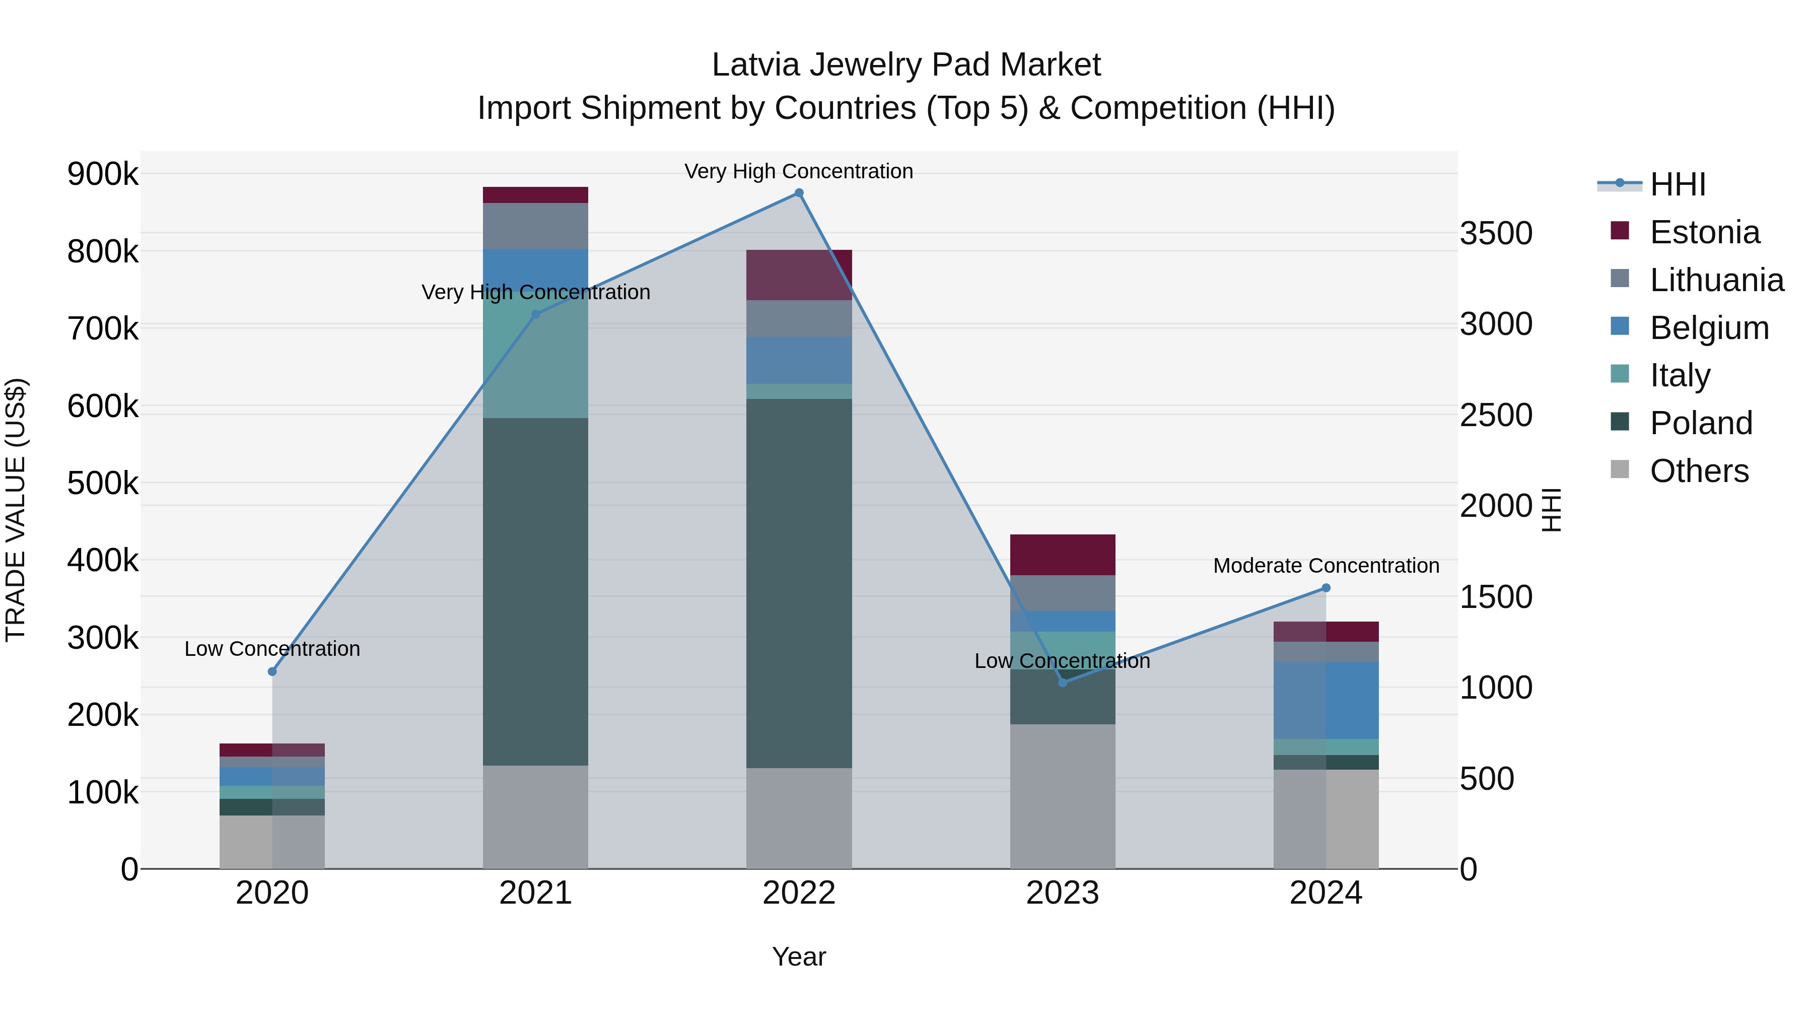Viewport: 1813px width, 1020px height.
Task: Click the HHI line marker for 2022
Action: [x=799, y=193]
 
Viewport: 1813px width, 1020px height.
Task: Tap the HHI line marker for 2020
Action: [x=272, y=671]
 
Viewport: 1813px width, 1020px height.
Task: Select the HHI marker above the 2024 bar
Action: [x=1326, y=588]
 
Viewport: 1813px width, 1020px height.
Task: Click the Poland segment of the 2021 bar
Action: [x=536, y=591]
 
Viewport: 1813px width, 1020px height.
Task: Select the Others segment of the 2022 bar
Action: [x=799, y=818]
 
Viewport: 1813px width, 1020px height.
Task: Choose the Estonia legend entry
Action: [x=1704, y=232]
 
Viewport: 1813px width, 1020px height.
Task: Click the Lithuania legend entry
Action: [x=1716, y=280]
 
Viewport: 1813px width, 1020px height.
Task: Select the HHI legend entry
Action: [x=1677, y=184]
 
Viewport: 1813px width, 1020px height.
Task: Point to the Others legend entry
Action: [x=1698, y=471]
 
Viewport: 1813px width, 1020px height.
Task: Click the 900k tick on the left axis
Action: [x=103, y=174]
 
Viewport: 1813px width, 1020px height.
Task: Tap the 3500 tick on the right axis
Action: [x=1496, y=233]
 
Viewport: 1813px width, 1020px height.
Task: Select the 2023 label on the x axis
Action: [x=1063, y=893]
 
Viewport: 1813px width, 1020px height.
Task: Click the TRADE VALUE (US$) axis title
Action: [x=16, y=510]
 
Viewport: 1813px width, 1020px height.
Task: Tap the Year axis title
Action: [x=799, y=957]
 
